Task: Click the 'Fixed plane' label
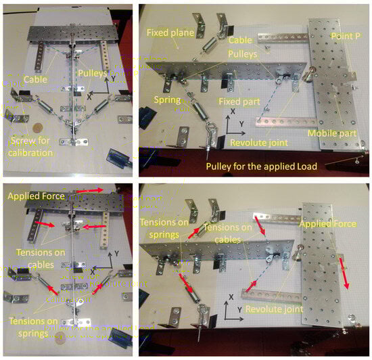[x=170, y=32]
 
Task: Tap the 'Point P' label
[x=346, y=36]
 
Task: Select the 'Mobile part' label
[x=332, y=133]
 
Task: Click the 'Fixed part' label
[x=239, y=102]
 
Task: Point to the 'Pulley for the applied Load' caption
[x=262, y=166]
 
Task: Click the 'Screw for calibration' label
[x=30, y=147]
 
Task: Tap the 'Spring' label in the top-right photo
[x=168, y=100]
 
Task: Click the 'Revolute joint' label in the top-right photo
[x=259, y=143]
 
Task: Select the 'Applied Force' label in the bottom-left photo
[x=36, y=196]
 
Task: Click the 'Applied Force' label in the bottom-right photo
[x=327, y=224]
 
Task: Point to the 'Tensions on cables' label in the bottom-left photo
[x=41, y=258]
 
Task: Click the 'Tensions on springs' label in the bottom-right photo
[x=164, y=228]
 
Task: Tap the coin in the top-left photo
[x=37, y=129]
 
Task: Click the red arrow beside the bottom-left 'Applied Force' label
[x=89, y=190]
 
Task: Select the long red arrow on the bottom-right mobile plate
[x=344, y=273]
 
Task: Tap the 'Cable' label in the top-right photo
[x=240, y=40]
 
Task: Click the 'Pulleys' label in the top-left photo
[x=93, y=73]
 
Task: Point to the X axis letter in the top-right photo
[x=233, y=111]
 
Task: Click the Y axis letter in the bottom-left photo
[x=116, y=254]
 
